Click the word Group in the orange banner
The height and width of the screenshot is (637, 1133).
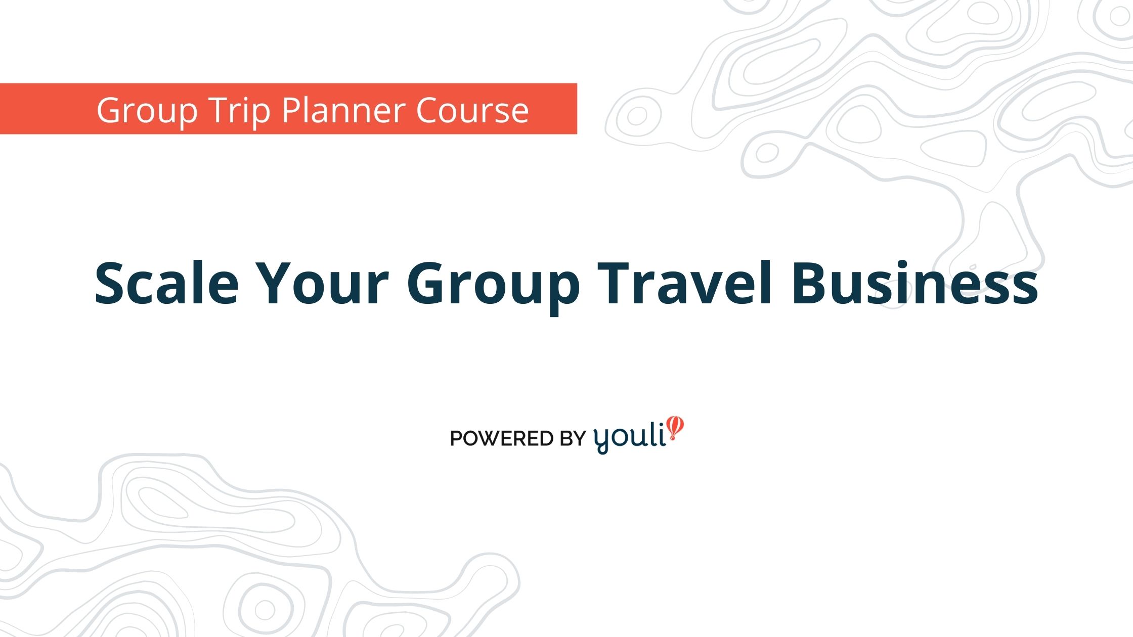point(147,111)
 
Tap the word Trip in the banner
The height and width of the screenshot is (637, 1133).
point(239,111)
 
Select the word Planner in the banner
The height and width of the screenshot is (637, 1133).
point(343,110)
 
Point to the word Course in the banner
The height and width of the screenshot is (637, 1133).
point(472,110)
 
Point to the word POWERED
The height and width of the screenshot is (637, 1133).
point(502,438)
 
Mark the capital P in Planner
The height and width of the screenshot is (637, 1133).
point(291,110)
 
